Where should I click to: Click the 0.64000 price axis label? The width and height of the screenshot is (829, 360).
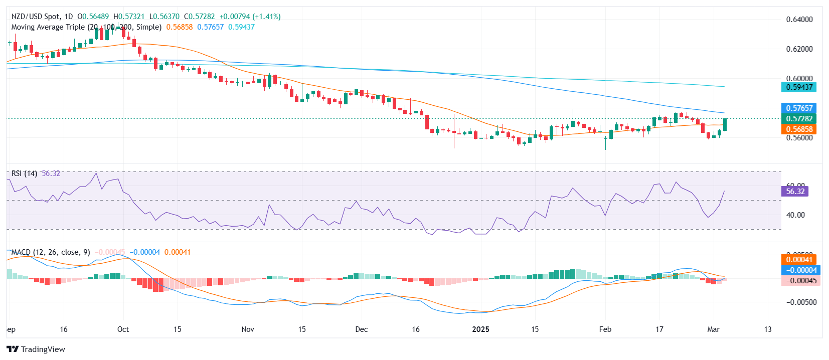(799, 20)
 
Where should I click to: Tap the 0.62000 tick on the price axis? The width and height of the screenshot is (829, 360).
(799, 49)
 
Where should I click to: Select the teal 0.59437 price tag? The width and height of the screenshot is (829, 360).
(799, 87)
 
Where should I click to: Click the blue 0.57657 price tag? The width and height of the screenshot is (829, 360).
(799, 108)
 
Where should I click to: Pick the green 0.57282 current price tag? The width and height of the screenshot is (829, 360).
(799, 119)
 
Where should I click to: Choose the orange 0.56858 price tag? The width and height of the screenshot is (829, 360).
(799, 129)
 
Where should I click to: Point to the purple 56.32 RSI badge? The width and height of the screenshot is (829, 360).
(795, 192)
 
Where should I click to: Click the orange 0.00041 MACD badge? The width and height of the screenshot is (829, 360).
(799, 260)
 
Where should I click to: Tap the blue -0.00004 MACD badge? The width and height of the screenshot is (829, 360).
(800, 270)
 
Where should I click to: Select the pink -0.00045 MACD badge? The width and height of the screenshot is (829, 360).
(800, 281)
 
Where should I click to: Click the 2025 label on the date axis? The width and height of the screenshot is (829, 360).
(480, 329)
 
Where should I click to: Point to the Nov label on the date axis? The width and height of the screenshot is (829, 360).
(248, 329)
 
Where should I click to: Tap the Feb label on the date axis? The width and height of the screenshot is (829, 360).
(605, 329)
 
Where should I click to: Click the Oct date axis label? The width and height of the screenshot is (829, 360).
(123, 329)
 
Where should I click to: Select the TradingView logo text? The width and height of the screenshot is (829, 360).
(43, 349)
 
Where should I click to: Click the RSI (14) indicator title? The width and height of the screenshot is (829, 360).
(24, 173)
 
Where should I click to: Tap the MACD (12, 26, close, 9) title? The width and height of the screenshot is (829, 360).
(51, 252)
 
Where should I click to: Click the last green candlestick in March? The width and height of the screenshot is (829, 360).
(725, 124)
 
